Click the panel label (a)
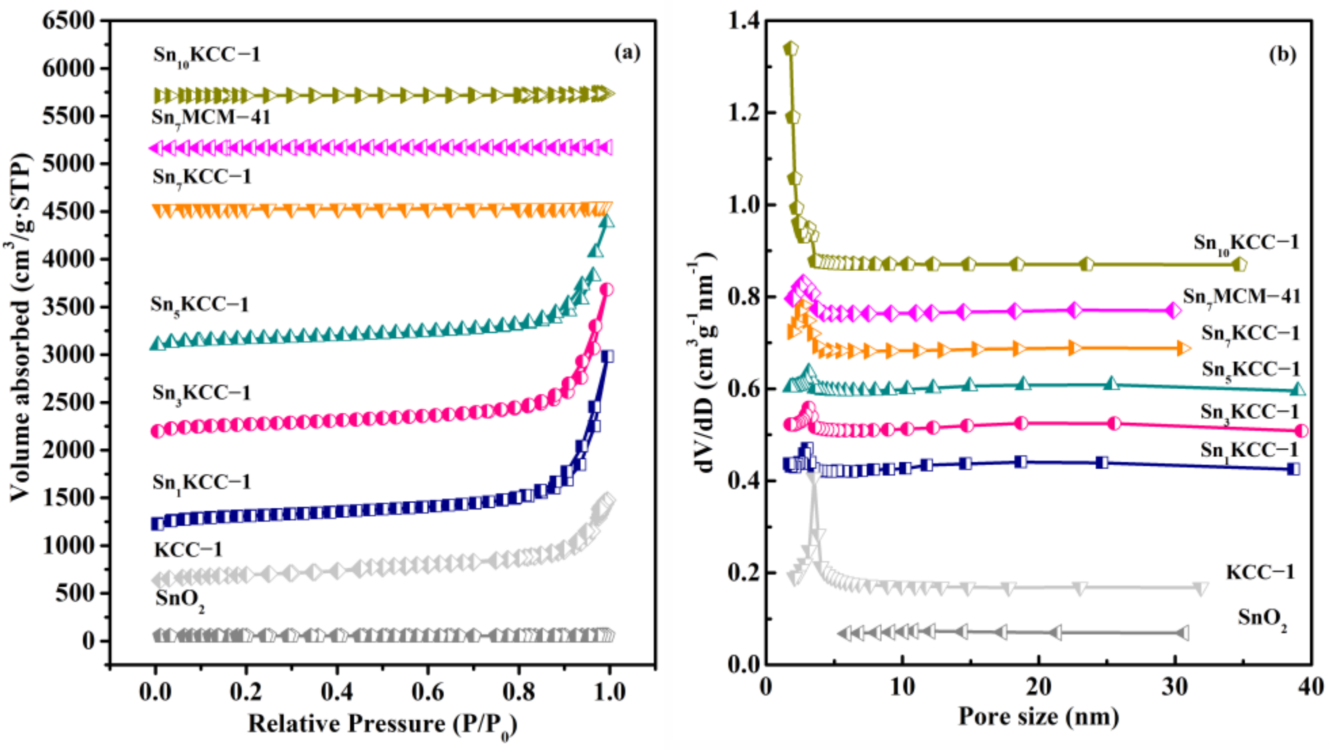click(627, 53)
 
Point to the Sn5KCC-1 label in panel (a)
click(199, 305)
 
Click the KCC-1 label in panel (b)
click(1260, 572)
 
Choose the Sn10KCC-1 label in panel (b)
click(1246, 242)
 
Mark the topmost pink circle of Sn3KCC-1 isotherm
click(608, 289)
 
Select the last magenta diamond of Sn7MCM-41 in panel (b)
click(1173, 311)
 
